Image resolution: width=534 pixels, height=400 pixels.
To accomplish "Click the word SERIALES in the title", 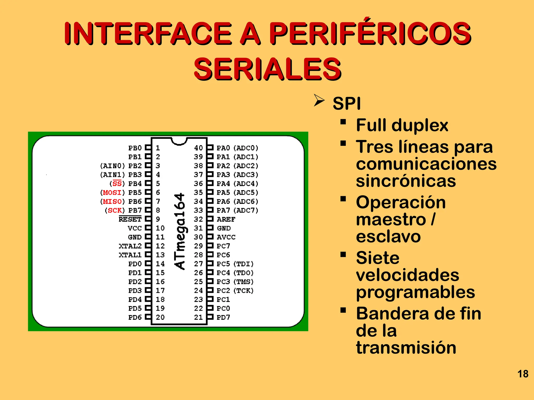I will coord(268,69).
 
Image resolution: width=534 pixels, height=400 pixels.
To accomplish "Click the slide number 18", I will coord(523,374).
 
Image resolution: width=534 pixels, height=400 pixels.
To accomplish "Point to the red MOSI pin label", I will coord(112,193).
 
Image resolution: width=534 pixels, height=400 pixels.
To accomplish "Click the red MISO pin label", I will coord(112,202).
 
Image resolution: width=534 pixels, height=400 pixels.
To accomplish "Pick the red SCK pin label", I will coord(115,210).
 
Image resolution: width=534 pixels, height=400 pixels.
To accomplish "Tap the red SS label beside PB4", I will coord(117,184).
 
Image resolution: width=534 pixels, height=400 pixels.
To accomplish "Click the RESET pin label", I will coord(130,219).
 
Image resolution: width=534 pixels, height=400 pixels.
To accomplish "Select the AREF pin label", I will coord(226,219).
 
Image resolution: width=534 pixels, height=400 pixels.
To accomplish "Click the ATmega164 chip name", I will coord(180,231).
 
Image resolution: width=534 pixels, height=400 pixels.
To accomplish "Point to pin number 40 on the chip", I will coord(198,148).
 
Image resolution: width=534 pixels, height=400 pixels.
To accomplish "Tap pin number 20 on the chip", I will coord(160,317).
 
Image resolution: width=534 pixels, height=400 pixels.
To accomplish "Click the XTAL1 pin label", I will coord(130,255).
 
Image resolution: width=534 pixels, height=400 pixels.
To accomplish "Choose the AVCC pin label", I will coord(226,237).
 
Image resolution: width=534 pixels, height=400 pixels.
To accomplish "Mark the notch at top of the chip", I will coord(179,141).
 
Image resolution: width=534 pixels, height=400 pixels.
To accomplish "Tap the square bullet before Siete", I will coord(343,254).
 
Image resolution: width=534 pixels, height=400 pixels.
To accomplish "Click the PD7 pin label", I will coord(223,317).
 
